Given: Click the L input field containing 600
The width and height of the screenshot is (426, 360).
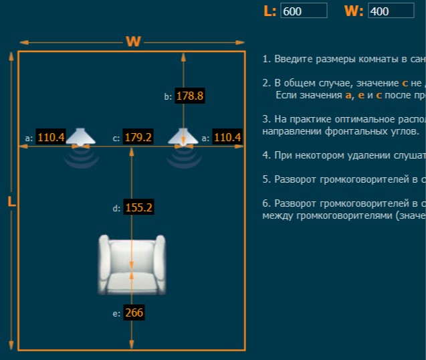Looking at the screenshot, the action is (304, 11).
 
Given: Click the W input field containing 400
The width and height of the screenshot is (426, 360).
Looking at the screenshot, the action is (391, 11).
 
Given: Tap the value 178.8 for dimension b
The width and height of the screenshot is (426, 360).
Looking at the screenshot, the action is (190, 96).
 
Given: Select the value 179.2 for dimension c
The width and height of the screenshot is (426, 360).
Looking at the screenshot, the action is (138, 137).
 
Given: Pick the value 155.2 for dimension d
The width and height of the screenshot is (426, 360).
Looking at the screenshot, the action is (138, 207).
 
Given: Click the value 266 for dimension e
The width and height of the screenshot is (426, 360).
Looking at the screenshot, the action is (134, 312).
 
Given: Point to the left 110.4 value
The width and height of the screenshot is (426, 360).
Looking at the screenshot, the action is (51, 137).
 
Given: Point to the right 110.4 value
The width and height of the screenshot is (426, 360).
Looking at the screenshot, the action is (227, 137).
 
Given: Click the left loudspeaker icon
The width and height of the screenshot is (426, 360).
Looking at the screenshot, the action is (81, 137).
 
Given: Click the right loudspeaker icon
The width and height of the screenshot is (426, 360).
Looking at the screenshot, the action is (183, 137).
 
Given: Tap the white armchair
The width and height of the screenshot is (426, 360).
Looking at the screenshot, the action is (132, 264).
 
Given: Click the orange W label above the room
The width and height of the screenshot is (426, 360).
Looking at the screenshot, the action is (133, 41).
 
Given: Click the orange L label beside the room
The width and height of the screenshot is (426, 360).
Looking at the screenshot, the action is (11, 201).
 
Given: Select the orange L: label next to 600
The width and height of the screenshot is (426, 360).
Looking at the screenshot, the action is (270, 11).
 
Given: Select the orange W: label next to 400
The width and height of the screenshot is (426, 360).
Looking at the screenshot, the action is (354, 11).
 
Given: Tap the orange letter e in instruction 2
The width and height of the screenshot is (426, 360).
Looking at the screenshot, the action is (361, 95).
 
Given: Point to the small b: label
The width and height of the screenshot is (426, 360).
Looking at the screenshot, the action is (168, 96).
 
